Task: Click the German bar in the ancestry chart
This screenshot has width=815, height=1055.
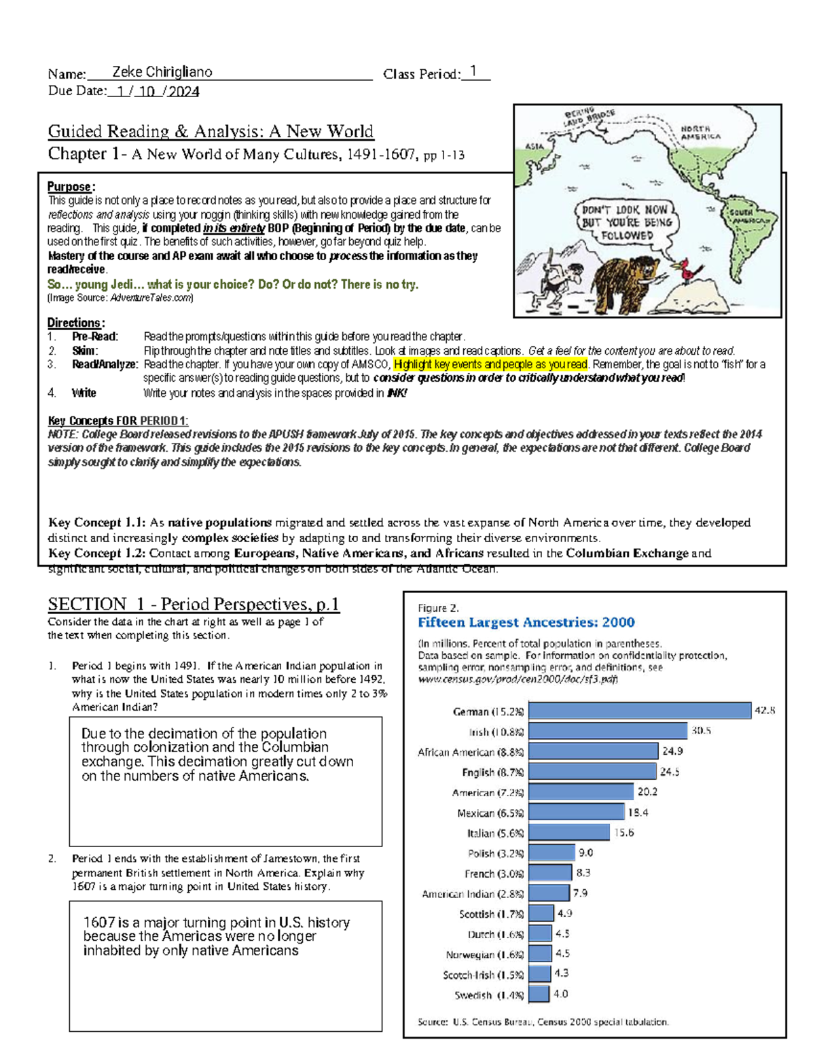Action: (x=640, y=711)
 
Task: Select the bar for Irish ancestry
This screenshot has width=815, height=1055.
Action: (x=608, y=731)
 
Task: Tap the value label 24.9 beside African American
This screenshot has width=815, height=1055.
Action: (x=672, y=751)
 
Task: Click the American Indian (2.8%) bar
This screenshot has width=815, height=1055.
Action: (x=549, y=893)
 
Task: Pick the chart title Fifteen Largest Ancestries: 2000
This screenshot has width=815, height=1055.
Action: (x=526, y=622)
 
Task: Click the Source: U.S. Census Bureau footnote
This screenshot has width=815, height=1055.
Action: (x=543, y=1022)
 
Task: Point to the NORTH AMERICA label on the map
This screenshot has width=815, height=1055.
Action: (x=700, y=132)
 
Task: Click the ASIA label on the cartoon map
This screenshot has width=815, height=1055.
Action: (x=535, y=146)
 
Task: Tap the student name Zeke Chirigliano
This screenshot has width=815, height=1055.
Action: (x=162, y=72)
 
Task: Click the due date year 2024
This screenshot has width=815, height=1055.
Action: (x=183, y=92)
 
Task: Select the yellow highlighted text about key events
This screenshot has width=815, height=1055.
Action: (x=490, y=365)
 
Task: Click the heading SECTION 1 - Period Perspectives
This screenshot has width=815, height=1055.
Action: (x=193, y=604)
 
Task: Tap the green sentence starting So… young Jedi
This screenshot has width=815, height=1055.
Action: (x=232, y=285)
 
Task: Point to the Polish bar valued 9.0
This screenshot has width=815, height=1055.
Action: (x=551, y=853)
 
